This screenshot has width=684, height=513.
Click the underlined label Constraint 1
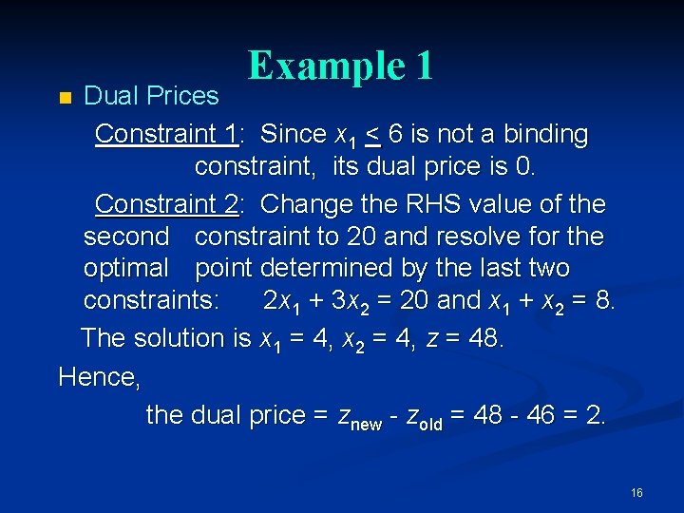point(165,134)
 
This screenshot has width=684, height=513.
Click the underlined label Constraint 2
point(166,204)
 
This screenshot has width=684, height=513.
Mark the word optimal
point(124,268)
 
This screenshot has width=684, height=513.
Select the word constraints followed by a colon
point(152,300)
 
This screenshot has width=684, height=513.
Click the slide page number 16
point(636,492)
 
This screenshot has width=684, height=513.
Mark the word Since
point(292,134)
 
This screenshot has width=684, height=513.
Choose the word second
point(125,236)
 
